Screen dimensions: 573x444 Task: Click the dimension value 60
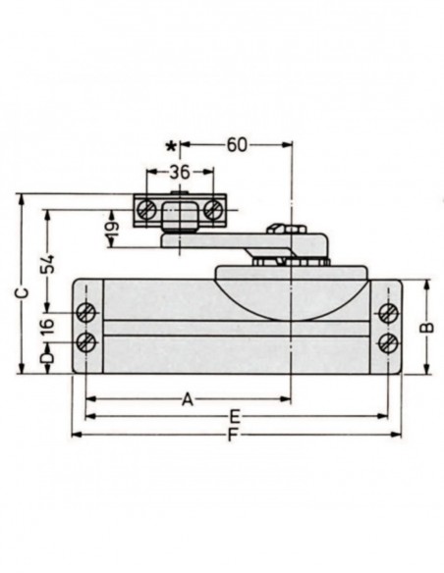pyautogui.click(x=236, y=145)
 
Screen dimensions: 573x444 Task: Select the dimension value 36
pyautogui.click(x=179, y=170)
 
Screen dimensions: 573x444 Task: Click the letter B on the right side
pyautogui.click(x=425, y=327)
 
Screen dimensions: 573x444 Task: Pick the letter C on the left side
pyautogui.click(x=24, y=292)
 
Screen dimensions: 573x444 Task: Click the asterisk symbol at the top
pyautogui.click(x=173, y=146)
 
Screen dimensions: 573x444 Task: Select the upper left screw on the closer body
pyautogui.click(x=86, y=313)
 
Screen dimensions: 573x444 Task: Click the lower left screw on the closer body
pyautogui.click(x=86, y=342)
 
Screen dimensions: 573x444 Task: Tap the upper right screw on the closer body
pyautogui.click(x=388, y=313)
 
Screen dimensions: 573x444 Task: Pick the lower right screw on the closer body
pyautogui.click(x=388, y=342)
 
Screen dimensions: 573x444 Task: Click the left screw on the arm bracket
pyautogui.click(x=147, y=209)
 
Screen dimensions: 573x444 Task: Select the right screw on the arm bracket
pyautogui.click(x=211, y=209)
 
